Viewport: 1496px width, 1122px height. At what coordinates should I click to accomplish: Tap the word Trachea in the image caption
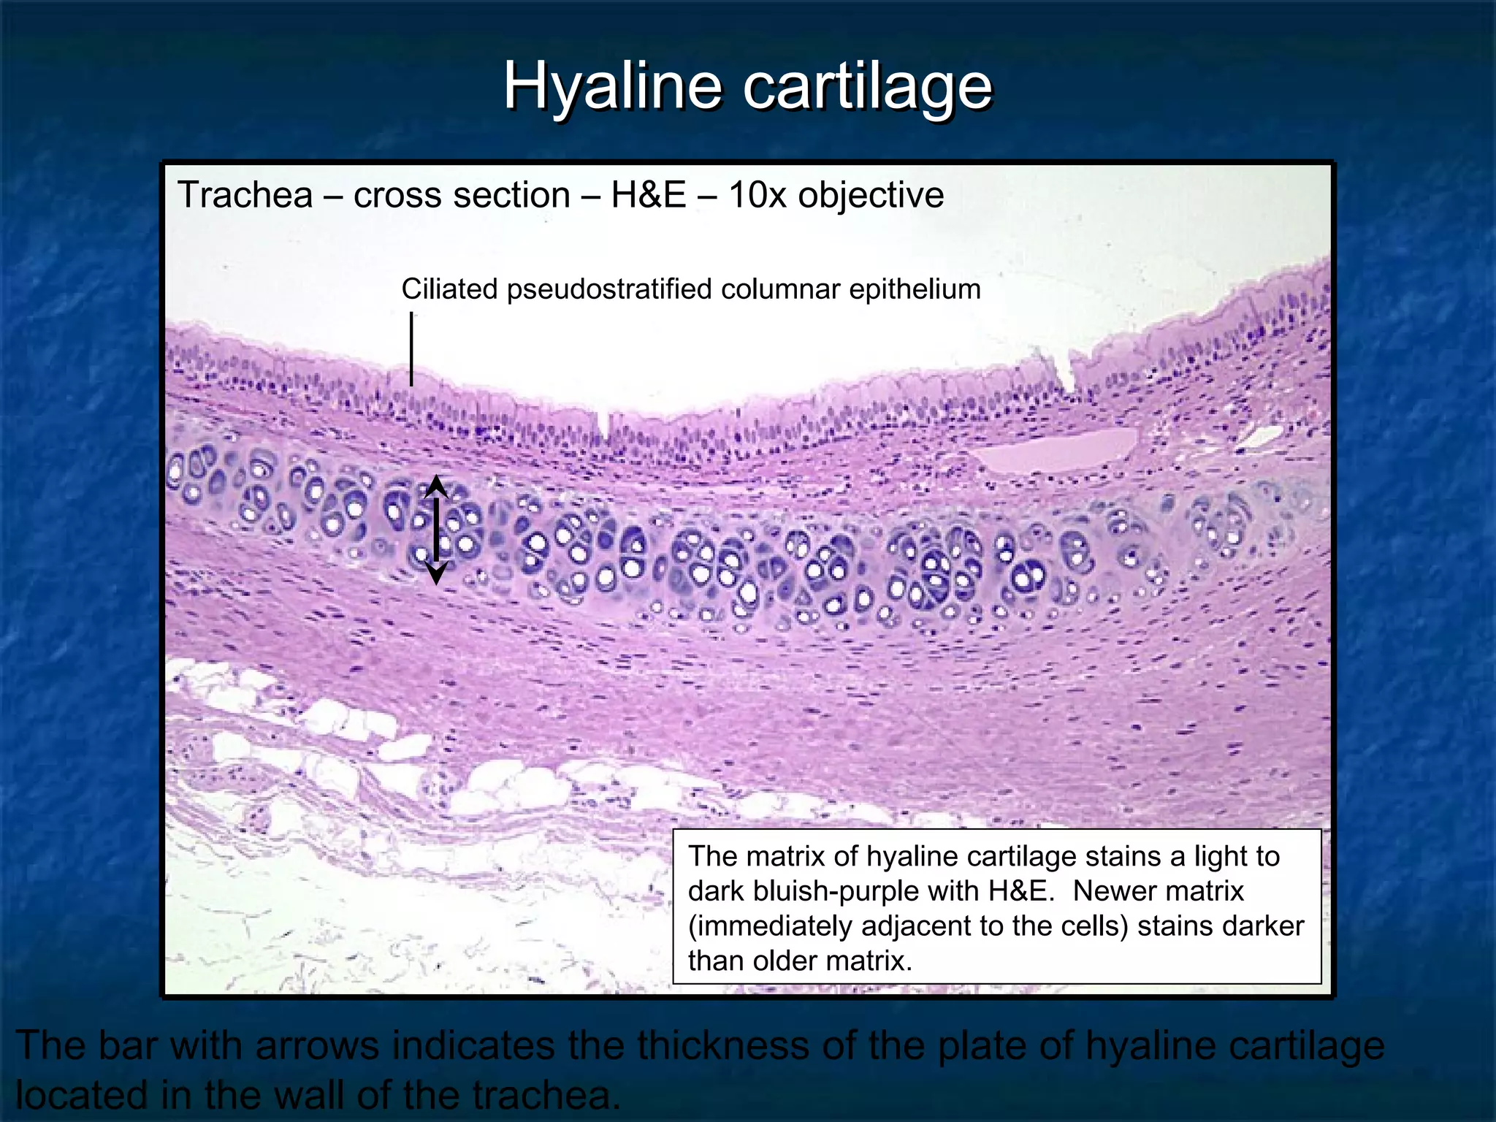click(x=245, y=196)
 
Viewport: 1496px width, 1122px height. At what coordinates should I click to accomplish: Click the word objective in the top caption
click(x=871, y=196)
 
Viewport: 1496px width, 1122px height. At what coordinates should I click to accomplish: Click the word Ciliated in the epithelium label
click(x=449, y=289)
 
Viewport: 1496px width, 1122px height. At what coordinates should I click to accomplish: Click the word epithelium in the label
click(x=915, y=289)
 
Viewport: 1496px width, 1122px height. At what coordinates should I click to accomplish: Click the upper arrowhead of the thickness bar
click(x=436, y=485)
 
